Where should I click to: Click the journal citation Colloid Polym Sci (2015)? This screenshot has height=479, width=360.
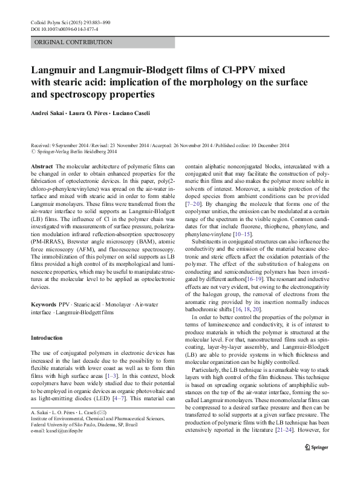pyautogui.click(x=57, y=22)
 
